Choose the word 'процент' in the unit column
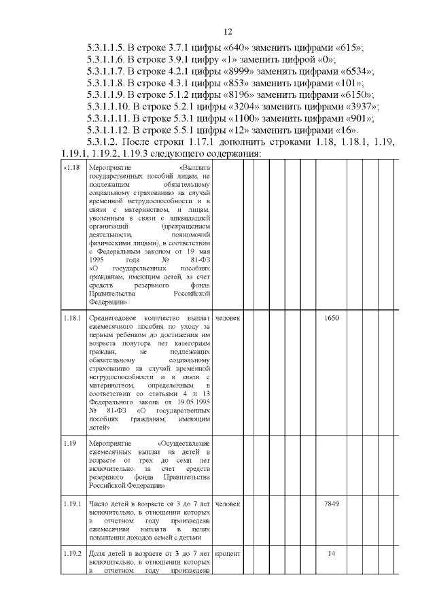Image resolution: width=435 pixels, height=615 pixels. coord(228,553)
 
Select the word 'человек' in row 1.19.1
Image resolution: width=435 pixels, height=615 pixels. coord(229,504)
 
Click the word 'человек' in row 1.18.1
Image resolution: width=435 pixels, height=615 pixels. coord(229,318)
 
